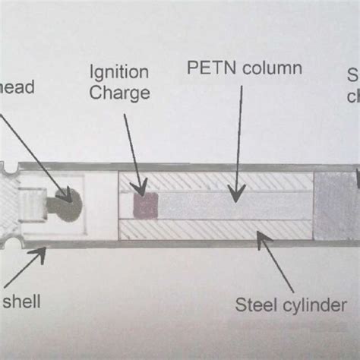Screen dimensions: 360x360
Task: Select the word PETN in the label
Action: pyautogui.click(x=207, y=68)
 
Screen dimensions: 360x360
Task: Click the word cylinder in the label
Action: pyautogui.click(x=312, y=305)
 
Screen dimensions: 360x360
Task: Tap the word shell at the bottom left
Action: pyautogui.click(x=21, y=302)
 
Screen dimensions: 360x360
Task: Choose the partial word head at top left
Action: pyautogui.click(x=17, y=88)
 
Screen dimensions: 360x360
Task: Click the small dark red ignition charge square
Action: pyautogui.click(x=143, y=205)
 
